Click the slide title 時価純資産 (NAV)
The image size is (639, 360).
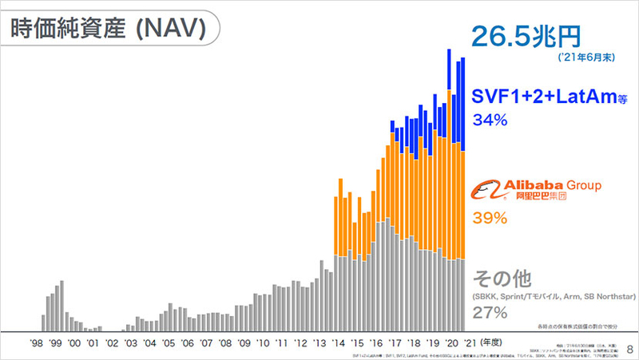click(108, 30)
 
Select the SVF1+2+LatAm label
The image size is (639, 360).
click(550, 97)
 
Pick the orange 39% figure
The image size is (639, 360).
click(490, 218)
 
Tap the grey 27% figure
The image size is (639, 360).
click(490, 312)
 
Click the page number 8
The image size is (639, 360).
click(629, 348)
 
